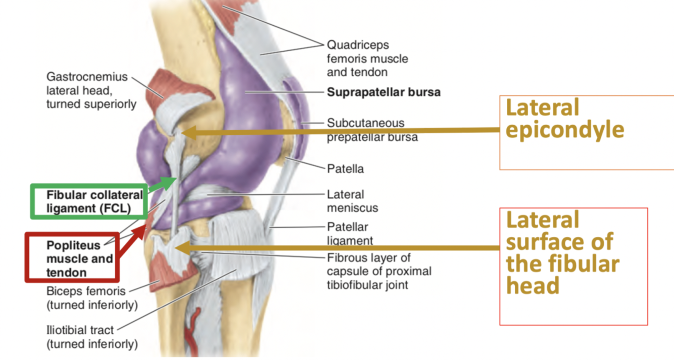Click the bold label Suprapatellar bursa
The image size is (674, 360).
[383, 92]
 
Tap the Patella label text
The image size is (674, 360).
[345, 169]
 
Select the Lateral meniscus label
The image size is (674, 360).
[352, 201]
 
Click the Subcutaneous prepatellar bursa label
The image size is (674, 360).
[372, 130]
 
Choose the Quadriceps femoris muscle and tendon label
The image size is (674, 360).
[367, 59]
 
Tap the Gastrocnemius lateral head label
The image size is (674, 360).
[91, 90]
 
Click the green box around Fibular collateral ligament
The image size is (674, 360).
[88, 201]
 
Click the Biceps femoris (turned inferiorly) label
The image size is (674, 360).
[91, 298]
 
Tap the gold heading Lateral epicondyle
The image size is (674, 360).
[564, 119]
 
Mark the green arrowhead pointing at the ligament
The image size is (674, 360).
[171, 182]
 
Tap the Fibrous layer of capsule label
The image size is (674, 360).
[379, 271]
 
